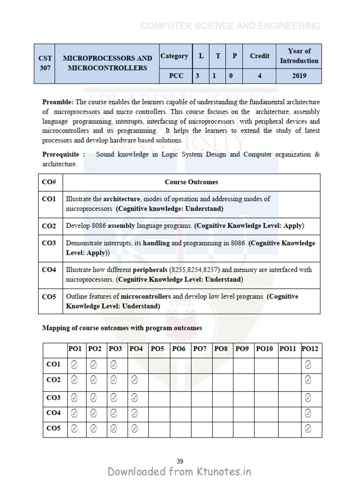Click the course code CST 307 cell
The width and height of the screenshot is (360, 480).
tap(45, 63)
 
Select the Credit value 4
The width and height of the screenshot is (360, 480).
tap(259, 76)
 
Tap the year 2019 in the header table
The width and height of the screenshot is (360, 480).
tap(299, 76)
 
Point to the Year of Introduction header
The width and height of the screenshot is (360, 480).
tap(299, 56)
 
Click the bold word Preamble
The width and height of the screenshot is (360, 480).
tap(58, 102)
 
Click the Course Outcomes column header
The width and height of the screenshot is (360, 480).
tap(191, 182)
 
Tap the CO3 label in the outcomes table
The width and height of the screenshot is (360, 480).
tap(49, 243)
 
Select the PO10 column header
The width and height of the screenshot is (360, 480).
tap(266, 349)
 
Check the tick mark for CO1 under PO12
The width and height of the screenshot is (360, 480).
tap(308, 365)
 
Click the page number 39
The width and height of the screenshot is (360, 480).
tap(180, 461)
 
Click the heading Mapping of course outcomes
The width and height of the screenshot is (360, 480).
tap(122, 328)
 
